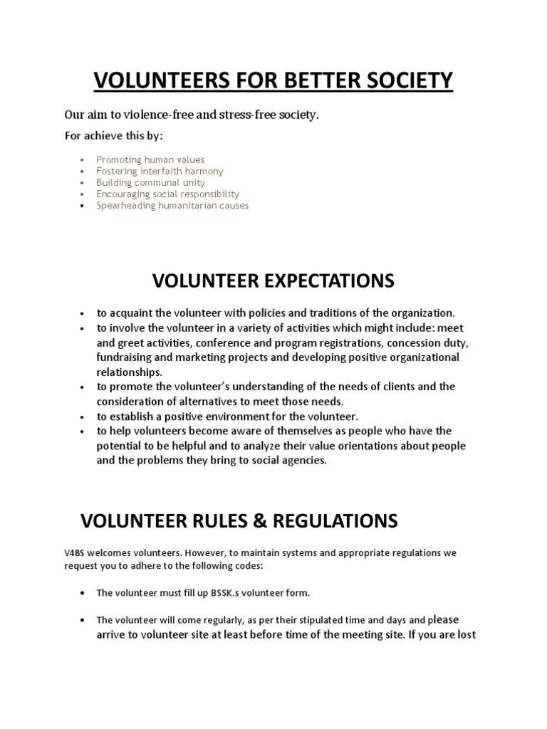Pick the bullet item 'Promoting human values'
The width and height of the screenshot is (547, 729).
(150, 160)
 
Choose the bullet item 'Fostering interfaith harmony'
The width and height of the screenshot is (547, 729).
(160, 172)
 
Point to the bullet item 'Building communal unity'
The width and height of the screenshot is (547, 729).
(151, 183)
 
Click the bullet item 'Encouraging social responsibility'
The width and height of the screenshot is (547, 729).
(167, 194)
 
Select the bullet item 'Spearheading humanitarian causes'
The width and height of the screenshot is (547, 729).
(172, 206)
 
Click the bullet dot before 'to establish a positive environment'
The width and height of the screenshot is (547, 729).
(83, 416)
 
